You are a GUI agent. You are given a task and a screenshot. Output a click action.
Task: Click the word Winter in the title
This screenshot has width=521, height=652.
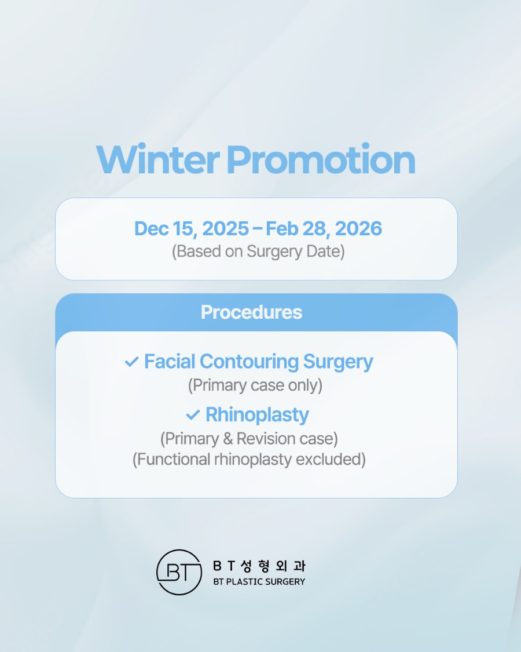click(x=157, y=159)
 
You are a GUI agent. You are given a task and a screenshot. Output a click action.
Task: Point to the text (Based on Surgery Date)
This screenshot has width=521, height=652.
click(x=258, y=252)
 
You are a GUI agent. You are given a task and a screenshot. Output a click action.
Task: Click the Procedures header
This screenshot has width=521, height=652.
click(x=251, y=312)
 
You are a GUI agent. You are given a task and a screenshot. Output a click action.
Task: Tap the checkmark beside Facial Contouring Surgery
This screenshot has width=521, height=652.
click(x=131, y=362)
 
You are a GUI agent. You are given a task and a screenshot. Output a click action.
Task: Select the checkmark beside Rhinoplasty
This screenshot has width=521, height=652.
click(x=193, y=416)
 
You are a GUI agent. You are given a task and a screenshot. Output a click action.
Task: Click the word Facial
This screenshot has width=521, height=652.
click(x=170, y=362)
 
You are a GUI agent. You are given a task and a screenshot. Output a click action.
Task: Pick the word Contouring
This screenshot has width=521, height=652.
click(x=249, y=362)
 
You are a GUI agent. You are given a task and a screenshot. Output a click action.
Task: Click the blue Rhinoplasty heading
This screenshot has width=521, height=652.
click(x=257, y=415)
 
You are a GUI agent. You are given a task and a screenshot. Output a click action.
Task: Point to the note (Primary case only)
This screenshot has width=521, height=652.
click(x=255, y=385)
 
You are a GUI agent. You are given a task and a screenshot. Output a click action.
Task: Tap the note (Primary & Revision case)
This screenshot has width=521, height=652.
click(x=249, y=438)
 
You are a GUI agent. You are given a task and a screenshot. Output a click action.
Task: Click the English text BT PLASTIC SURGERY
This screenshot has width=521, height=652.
click(x=259, y=581)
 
